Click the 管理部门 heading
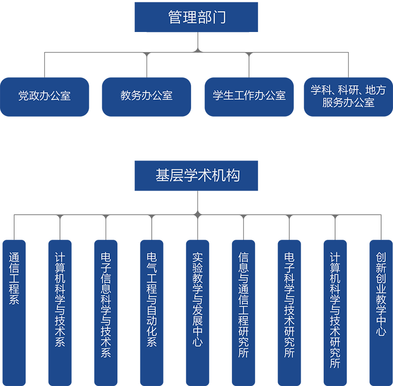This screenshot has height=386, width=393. pyautogui.click(x=197, y=18)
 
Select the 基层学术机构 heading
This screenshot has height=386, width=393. pyautogui.click(x=197, y=175)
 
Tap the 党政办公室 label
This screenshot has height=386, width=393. pyautogui.click(x=44, y=96)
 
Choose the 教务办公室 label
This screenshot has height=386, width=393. pyautogui.click(x=146, y=96)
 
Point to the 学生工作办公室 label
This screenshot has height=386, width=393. pyautogui.click(x=249, y=96)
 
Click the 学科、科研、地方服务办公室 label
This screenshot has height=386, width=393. pyautogui.click(x=348, y=96)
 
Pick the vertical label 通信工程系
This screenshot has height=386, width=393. pyautogui.click(x=14, y=278)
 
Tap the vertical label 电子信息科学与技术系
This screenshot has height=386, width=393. pyautogui.click(x=106, y=305)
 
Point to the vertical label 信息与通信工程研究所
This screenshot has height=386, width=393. pyautogui.click(x=244, y=305)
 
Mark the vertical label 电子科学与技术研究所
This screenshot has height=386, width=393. pyautogui.click(x=289, y=305)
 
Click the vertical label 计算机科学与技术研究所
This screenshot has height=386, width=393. pyautogui.click(x=335, y=310)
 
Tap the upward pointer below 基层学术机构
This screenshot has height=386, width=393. pyautogui.click(x=197, y=196)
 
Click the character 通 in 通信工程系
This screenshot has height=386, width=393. pyautogui.click(x=14, y=257)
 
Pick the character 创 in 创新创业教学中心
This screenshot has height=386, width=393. pyautogui.click(x=381, y=257)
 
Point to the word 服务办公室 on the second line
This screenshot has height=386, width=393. pyautogui.click(x=348, y=102)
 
